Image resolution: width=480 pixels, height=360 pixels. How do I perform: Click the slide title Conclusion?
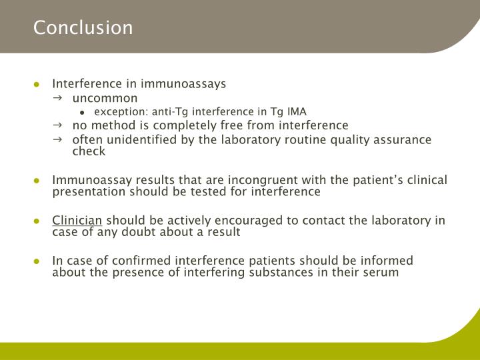tap(83, 28)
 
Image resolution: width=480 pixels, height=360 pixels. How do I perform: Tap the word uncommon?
tap(105, 98)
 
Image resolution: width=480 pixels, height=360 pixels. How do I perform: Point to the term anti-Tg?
tap(169, 111)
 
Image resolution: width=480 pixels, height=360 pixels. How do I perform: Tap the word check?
tap(89, 151)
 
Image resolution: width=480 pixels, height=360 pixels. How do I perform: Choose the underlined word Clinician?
tap(77, 221)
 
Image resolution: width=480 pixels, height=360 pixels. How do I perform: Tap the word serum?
tap(382, 273)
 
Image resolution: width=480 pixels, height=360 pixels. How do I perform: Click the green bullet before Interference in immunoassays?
tap(38, 85)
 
